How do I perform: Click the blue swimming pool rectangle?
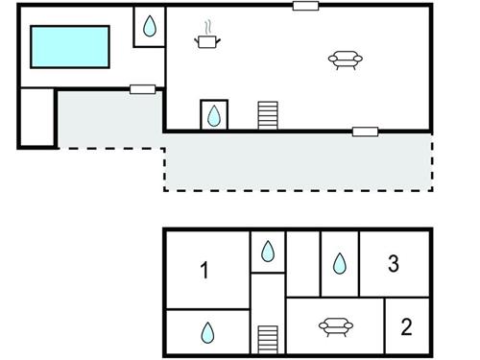tap(72, 46)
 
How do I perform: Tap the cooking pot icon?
tap(206, 39)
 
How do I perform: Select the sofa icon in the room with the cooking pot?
tap(347, 60)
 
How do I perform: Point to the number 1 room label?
tap(204, 271)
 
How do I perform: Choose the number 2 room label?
tap(406, 327)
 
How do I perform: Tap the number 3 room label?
tap(393, 263)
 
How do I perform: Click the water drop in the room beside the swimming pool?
tap(150, 28)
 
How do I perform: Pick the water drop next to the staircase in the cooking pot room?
tap(213, 115)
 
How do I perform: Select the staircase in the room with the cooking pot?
tap(268, 115)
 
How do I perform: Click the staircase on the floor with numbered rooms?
tap(268, 339)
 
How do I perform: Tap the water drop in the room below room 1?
tap(207, 333)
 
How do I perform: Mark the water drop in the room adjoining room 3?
tap(339, 262)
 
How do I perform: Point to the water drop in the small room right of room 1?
tap(268, 252)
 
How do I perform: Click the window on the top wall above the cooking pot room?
tap(306, 6)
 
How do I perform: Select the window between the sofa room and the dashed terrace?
tap(365, 131)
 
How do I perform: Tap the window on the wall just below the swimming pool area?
tap(143, 89)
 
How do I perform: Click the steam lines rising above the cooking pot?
tap(206, 27)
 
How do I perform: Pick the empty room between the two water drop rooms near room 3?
tap(302, 262)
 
